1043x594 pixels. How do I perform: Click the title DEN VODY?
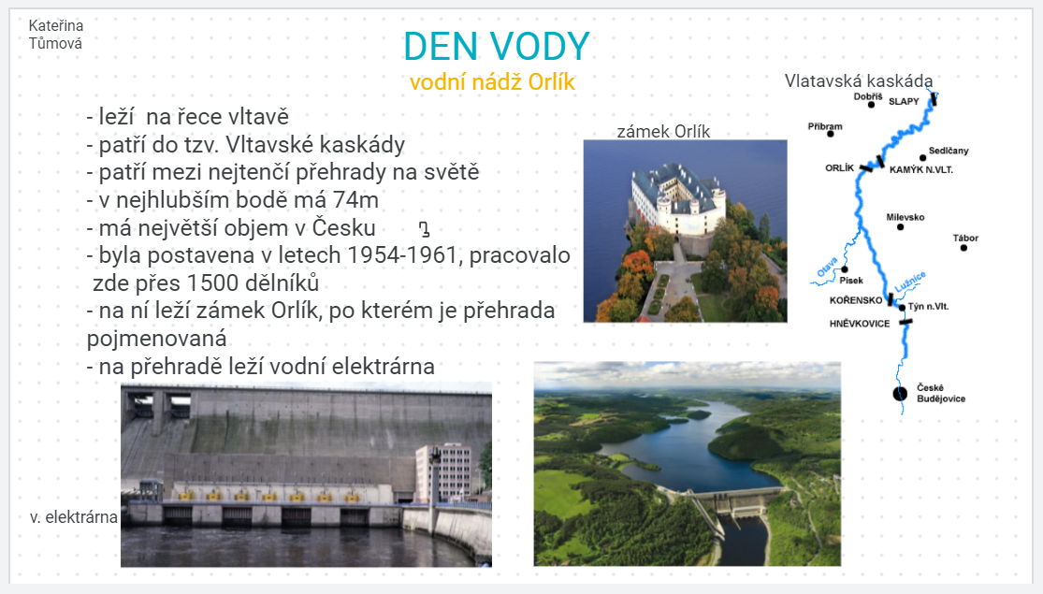tap(496, 46)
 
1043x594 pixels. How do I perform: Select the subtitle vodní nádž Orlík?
tap(492, 81)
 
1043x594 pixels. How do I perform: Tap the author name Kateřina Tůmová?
tap(56, 35)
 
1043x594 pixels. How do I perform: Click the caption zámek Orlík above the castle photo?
tap(663, 131)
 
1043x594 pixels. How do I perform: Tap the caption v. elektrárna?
tap(73, 517)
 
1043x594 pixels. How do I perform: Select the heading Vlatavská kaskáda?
tap(858, 80)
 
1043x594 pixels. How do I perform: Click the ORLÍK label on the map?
tap(839, 167)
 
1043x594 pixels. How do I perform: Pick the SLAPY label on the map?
tap(904, 101)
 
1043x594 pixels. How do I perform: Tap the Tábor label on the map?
tap(965, 238)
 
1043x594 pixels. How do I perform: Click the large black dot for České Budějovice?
tap(900, 394)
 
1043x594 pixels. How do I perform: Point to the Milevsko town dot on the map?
tap(901, 226)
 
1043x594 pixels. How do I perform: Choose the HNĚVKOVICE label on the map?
tap(860, 324)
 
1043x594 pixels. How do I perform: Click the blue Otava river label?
tap(828, 267)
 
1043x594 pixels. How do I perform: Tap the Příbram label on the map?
tap(825, 126)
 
